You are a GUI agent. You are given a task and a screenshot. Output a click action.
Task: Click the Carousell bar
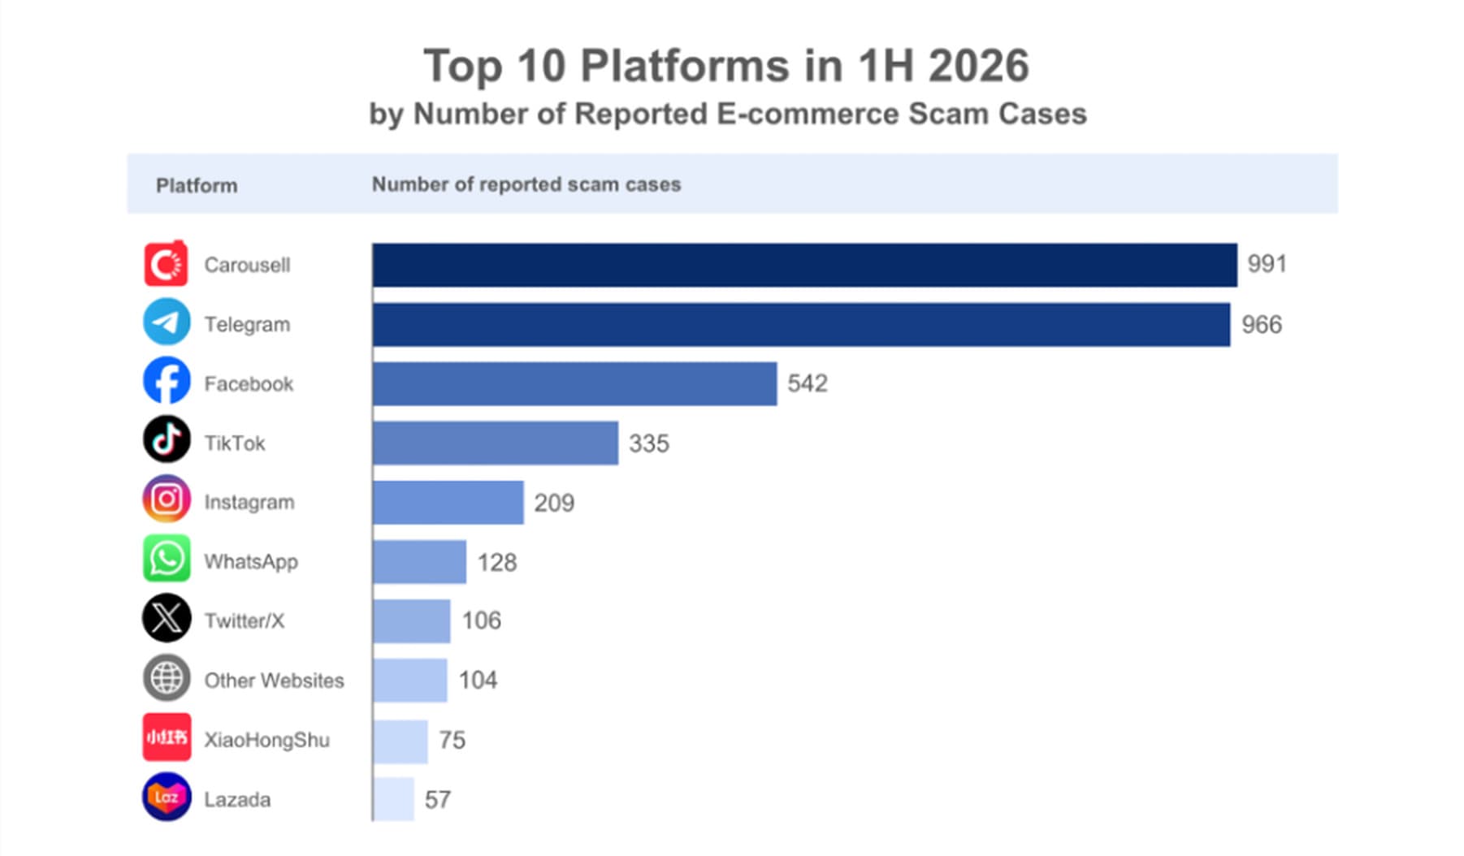804,265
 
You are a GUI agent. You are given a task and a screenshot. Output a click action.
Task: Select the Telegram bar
801,325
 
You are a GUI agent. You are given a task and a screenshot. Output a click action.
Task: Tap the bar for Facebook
574,384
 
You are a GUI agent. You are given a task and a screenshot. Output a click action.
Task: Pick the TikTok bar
495,443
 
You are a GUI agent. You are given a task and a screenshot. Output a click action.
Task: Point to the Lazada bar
393,799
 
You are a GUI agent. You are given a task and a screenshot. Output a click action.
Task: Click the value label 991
1267,264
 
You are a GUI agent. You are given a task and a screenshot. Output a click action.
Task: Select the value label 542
807,383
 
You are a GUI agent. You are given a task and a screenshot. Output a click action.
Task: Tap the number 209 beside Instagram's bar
554,503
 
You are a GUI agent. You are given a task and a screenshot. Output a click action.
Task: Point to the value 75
452,740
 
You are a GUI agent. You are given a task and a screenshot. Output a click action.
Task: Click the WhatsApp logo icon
167,559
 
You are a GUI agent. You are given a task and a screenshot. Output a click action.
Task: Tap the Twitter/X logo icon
167,618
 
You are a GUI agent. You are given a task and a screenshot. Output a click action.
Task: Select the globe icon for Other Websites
167,678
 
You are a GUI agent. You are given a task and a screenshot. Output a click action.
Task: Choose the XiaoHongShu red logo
167,737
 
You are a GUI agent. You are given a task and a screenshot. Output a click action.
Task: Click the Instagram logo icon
167,499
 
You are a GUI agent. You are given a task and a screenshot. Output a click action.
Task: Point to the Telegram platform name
247,325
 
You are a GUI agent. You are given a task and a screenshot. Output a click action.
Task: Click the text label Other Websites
274,681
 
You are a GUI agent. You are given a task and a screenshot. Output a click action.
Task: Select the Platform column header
197,186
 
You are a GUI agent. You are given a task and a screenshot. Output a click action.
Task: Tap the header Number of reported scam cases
526,185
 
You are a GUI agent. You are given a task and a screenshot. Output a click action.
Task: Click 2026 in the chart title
979,66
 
